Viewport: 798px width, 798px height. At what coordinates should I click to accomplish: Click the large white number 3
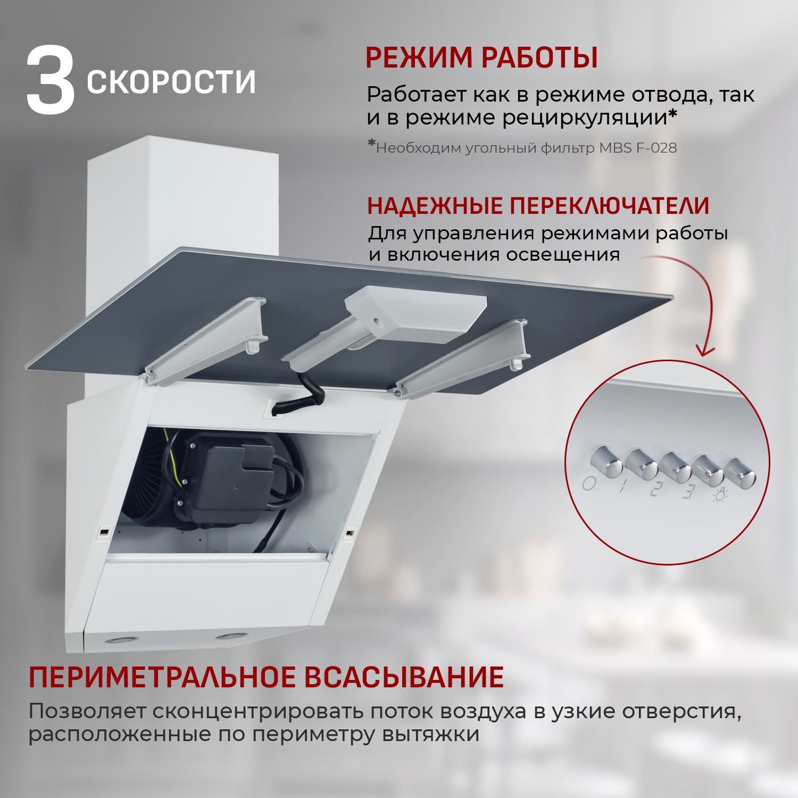[x=51, y=81]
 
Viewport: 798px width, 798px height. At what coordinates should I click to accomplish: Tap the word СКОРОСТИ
[x=171, y=82]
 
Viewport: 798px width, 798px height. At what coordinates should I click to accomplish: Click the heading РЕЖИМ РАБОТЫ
[x=481, y=58]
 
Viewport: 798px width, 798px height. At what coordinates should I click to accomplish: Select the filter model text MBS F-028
[x=638, y=148]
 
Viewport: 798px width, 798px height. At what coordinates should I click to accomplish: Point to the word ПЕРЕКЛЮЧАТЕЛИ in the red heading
[x=609, y=206]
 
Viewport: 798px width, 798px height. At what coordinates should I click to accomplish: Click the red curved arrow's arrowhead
[x=705, y=351]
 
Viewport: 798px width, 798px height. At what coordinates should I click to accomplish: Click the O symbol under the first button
[x=588, y=484]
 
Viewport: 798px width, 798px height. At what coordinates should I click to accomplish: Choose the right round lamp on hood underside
[x=231, y=636]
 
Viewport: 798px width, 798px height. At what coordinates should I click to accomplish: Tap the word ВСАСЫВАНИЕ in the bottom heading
[x=404, y=678]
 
